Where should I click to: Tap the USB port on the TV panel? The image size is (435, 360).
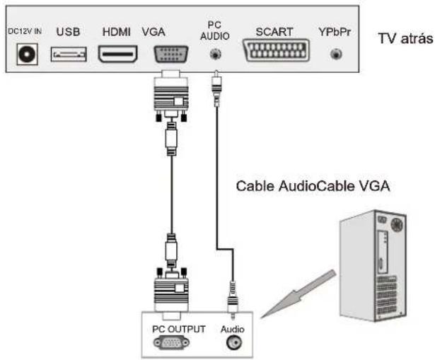click(x=69, y=54)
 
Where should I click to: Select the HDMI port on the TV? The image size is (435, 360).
click(x=117, y=54)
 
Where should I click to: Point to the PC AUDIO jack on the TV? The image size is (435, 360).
click(x=214, y=54)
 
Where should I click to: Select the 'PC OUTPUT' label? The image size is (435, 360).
click(x=178, y=329)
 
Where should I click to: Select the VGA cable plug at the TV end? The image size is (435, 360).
click(x=170, y=92)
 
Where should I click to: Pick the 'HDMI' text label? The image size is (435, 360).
click(x=117, y=31)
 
